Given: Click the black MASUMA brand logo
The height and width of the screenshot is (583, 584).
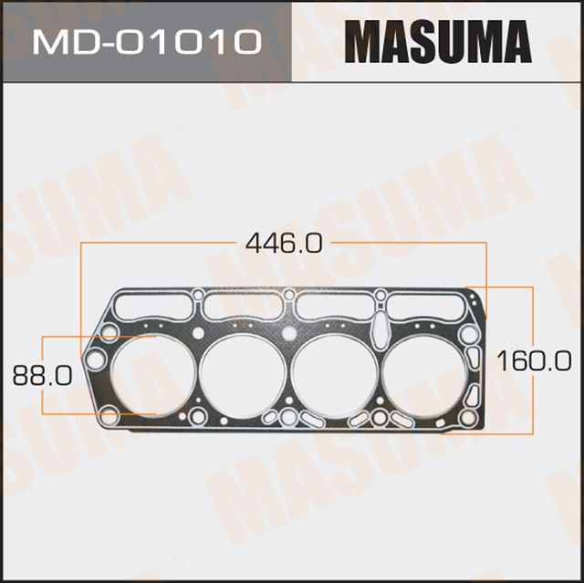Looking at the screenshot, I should (437, 41).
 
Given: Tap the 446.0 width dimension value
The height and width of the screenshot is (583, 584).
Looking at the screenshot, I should (284, 244).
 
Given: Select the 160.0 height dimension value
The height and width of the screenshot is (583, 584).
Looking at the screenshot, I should (534, 359).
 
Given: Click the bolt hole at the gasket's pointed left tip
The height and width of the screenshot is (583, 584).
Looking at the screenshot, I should (95, 359).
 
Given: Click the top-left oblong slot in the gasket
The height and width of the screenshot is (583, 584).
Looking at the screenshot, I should (152, 305).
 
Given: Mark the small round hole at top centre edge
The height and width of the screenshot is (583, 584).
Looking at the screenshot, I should (289, 294).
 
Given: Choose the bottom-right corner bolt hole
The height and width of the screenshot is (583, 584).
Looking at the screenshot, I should (468, 417).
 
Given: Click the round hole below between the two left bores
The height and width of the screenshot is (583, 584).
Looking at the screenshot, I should (198, 417).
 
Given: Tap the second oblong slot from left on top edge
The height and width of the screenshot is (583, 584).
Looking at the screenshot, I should (243, 306).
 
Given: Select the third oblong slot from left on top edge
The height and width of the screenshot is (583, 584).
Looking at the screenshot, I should (334, 306).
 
